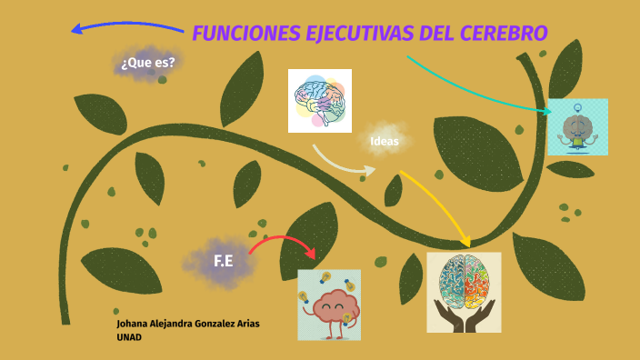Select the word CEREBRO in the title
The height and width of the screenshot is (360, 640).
point(505,34)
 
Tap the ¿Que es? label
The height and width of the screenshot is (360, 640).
point(147,63)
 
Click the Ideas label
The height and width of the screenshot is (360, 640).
point(385,141)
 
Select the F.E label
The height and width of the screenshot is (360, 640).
point(224,262)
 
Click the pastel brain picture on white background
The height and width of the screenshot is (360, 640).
point(319,100)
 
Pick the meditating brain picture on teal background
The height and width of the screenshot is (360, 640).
point(577,127)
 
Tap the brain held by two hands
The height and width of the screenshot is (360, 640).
point(464,291)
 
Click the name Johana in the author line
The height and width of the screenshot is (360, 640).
point(135,324)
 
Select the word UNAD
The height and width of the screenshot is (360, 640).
point(129,337)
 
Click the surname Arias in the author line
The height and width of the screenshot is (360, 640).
point(255,324)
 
